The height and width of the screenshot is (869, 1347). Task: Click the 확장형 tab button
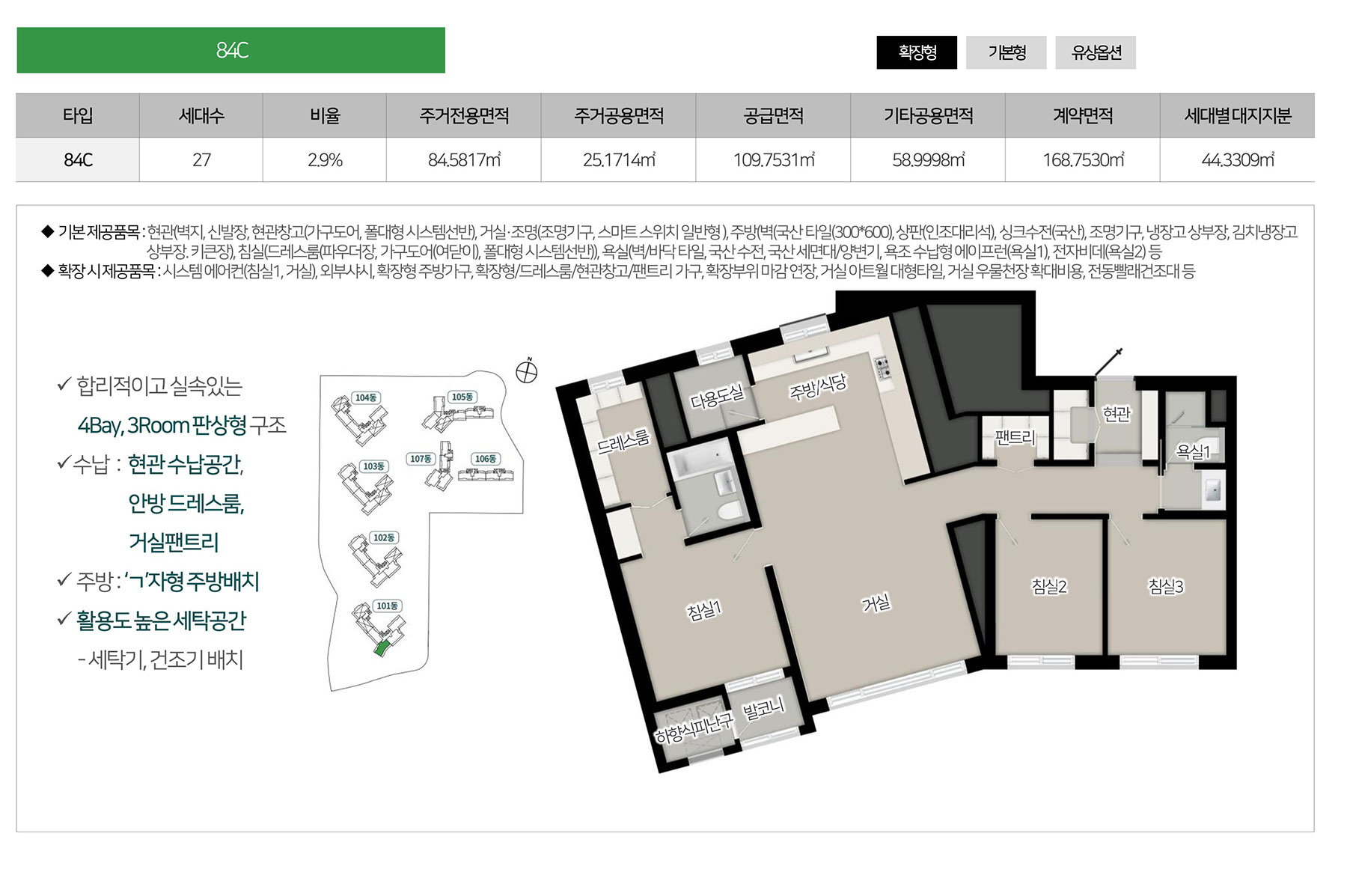tap(917, 52)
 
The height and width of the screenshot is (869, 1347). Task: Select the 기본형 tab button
tap(1007, 52)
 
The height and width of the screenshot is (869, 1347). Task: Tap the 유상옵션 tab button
tap(1096, 52)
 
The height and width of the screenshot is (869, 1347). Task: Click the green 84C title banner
tap(231, 50)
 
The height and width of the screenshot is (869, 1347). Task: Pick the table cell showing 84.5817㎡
tap(464, 159)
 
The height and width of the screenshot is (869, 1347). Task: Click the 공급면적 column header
tap(773, 115)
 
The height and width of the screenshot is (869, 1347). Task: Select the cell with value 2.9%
tap(325, 159)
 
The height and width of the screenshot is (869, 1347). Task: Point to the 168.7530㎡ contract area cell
tap(1083, 159)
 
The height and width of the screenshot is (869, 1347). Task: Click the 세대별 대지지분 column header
tap(1238, 115)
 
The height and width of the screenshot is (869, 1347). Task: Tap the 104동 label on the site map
tap(366, 397)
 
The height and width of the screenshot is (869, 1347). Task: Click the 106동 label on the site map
tap(485, 459)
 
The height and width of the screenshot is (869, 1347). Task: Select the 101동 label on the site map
tap(387, 606)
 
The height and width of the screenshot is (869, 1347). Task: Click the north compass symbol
tap(527, 371)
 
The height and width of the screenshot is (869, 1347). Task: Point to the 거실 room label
tap(876, 603)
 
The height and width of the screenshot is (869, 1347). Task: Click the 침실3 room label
tap(1166, 586)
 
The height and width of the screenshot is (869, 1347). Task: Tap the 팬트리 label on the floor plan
tap(1015, 437)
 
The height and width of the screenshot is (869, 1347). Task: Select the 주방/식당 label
tap(818, 387)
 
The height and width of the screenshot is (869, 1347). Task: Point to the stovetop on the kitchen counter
tap(882, 367)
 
